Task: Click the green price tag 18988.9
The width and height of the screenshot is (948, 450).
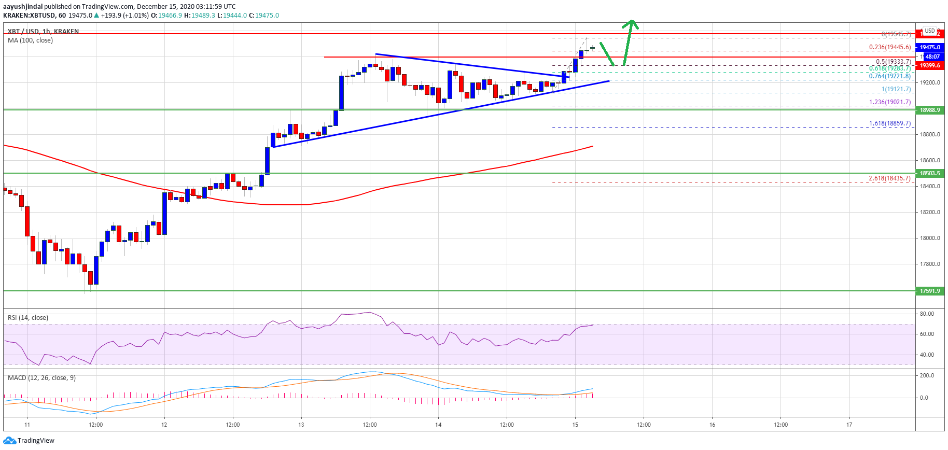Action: click(930, 110)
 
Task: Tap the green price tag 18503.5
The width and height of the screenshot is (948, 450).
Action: click(930, 173)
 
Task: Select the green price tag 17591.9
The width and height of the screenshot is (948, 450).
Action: click(930, 291)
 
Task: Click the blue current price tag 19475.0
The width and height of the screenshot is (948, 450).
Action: click(930, 47)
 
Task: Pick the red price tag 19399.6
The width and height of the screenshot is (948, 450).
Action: click(930, 65)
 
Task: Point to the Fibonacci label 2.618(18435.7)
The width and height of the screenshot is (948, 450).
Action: click(889, 178)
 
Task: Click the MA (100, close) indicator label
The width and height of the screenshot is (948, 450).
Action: click(30, 40)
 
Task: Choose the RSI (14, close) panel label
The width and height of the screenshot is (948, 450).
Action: click(28, 318)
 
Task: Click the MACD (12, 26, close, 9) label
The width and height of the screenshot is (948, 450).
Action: click(41, 378)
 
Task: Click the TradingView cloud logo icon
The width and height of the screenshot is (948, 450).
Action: click(9, 441)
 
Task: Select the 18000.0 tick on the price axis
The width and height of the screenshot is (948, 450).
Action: click(930, 238)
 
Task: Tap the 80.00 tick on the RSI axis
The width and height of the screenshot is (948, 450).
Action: click(927, 314)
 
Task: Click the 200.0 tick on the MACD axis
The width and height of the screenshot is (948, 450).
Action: click(927, 375)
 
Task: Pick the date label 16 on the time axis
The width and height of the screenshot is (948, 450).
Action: click(712, 425)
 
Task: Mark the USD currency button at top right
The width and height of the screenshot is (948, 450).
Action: click(930, 31)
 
